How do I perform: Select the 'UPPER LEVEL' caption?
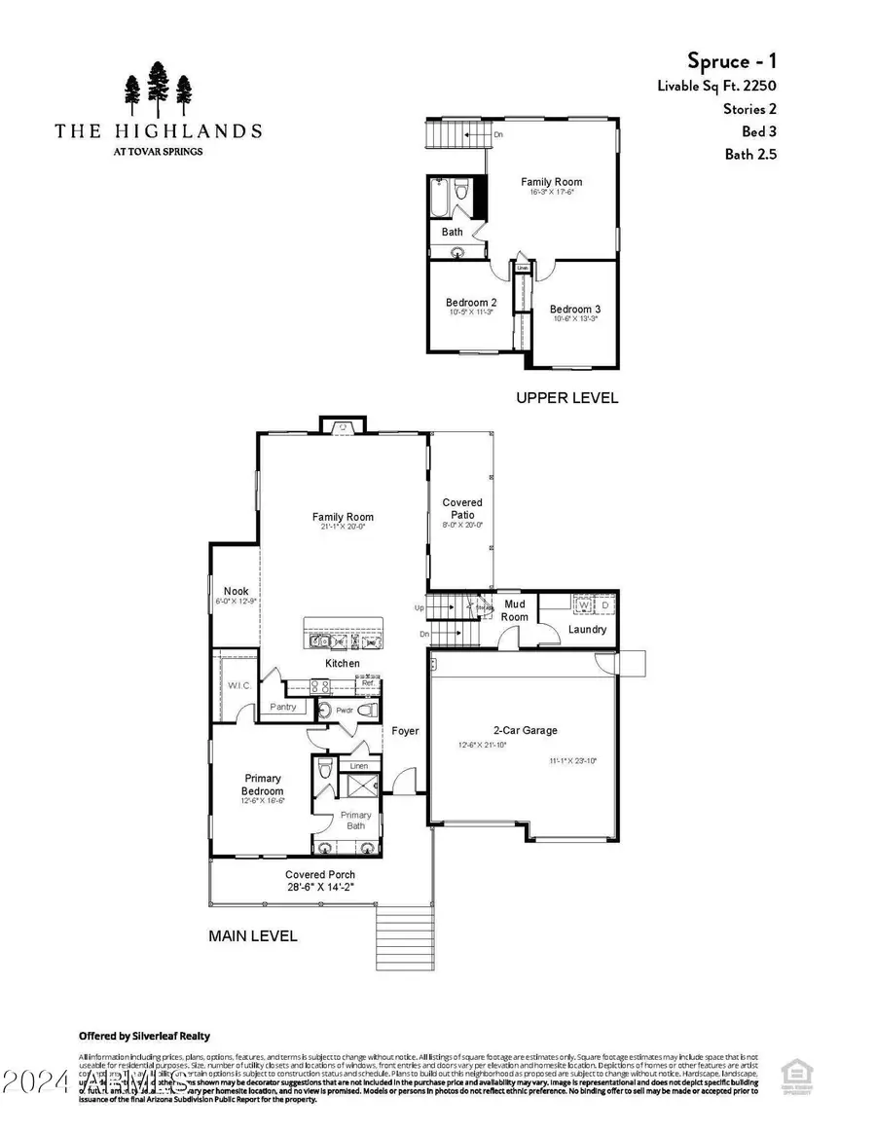point(566,398)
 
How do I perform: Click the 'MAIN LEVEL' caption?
point(253,936)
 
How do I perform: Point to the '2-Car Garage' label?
point(525,730)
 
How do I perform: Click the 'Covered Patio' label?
point(462,508)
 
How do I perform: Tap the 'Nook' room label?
point(236,591)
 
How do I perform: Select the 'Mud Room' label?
point(514,610)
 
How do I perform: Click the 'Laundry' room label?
point(587,629)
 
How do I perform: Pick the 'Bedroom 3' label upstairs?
point(575,310)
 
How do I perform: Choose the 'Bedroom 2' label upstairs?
point(471,302)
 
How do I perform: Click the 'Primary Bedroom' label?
point(262,784)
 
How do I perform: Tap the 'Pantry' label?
point(283,707)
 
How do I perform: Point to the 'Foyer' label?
point(405,731)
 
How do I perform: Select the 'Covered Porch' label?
point(319,874)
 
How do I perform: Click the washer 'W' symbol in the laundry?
point(584,605)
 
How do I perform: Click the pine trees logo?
point(158,91)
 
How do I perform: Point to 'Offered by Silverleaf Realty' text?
point(144,1036)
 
